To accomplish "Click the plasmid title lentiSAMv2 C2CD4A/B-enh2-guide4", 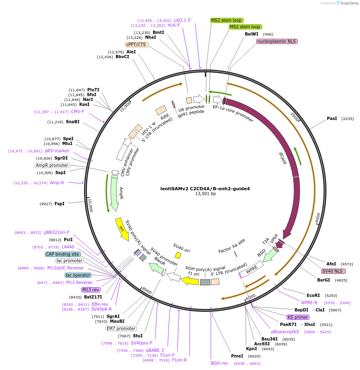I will coord(205,188).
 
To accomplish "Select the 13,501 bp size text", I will coord(205,194).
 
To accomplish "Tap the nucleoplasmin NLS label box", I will coord(277,41).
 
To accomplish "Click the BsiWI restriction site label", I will coord(251,34).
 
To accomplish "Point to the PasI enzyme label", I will coord(332,119).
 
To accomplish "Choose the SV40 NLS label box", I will coord(333,271).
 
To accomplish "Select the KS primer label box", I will coord(295,317).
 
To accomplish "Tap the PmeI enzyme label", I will coord(237,356).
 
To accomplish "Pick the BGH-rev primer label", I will coord(219,363).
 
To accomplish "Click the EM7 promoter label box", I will coord(121,328).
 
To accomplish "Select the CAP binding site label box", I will coord(63,254).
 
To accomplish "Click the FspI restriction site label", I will coord(59,204).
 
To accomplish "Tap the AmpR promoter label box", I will coord(52,165).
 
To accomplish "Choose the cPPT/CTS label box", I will coord(137,44).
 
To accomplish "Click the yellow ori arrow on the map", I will coord(122,229).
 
